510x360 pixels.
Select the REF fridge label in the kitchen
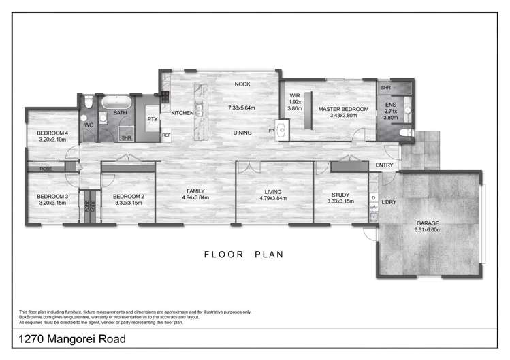[x=165, y=135]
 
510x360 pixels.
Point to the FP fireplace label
[x=272, y=130]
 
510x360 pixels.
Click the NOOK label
[x=242, y=84]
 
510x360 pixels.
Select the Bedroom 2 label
[x=129, y=196]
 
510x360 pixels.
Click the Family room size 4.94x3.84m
[x=195, y=198]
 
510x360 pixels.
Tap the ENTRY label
[x=385, y=165]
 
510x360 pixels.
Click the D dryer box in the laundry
[x=373, y=197]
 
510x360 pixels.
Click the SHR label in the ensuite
[x=385, y=88]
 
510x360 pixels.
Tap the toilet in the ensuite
[x=407, y=133]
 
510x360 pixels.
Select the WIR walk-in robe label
[x=295, y=95]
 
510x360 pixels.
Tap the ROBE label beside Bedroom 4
[x=46, y=167]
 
